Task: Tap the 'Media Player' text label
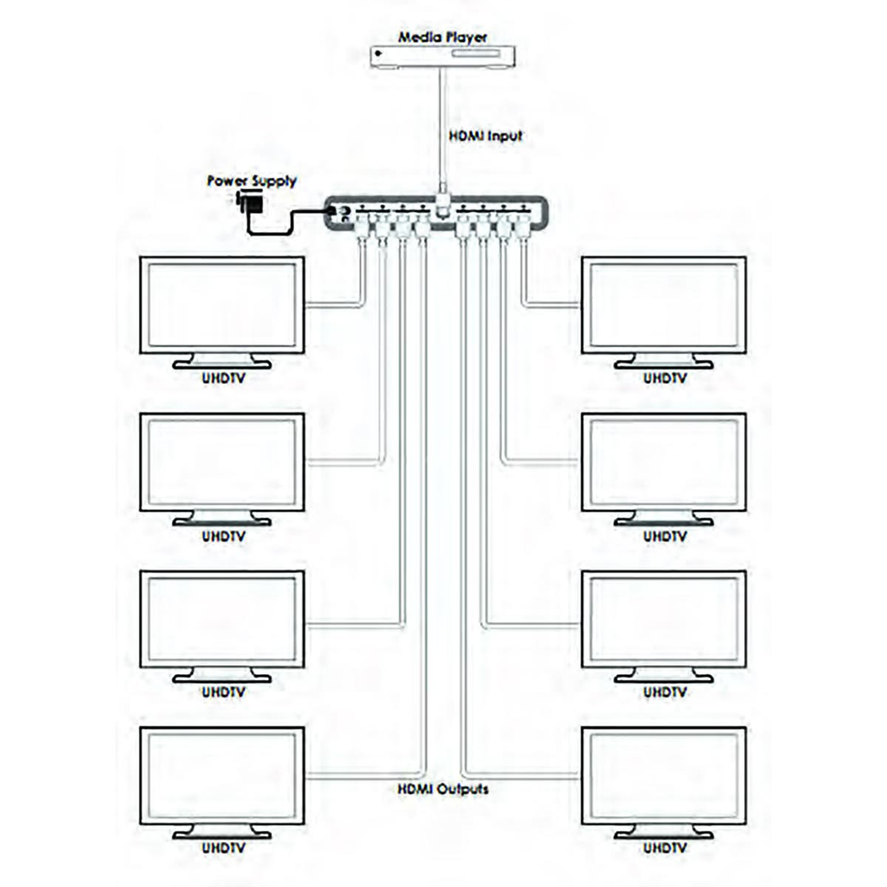click(443, 36)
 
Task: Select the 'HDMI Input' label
click(486, 136)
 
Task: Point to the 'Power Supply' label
click(251, 181)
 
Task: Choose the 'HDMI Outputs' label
click(443, 789)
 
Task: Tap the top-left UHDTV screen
click(222, 305)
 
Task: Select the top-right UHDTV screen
click(664, 305)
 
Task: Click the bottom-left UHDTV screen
click(222, 775)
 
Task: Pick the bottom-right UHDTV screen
click(664, 775)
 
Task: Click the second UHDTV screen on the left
click(222, 462)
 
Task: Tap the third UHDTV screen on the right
click(664, 619)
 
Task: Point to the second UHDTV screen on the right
click(664, 462)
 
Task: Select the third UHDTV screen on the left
click(222, 619)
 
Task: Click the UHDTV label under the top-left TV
click(223, 378)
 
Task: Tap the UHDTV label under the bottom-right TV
click(665, 849)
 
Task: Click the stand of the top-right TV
click(664, 361)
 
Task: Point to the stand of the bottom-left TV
click(222, 832)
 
